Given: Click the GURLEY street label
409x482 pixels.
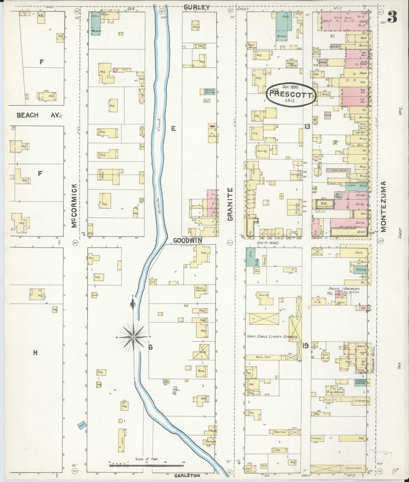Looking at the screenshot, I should (196, 7).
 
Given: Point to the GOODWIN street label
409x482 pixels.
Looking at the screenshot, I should (187, 240).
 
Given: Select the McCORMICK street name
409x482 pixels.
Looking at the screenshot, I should (74, 205).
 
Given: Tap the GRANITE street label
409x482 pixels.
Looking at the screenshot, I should (230, 204).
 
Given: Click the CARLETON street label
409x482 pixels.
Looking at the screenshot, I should (187, 475).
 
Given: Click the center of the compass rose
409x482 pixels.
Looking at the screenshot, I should (133, 337).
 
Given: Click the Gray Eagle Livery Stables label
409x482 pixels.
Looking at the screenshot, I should (272, 337).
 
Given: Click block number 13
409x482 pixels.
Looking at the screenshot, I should (307, 126).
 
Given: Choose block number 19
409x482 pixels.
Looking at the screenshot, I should (305, 345).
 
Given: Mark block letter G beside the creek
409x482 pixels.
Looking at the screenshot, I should (150, 348).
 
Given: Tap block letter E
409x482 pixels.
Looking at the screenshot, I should (173, 129).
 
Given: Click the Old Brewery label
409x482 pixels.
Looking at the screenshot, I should (337, 393).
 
